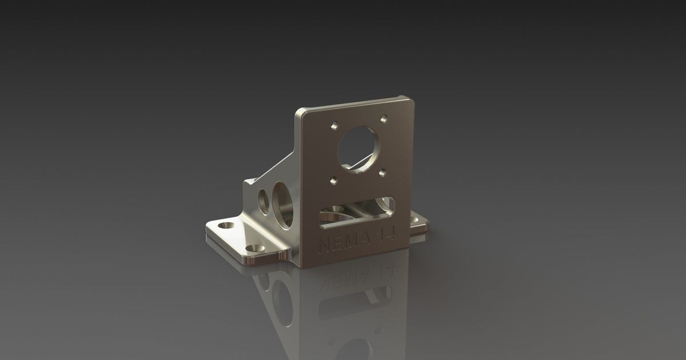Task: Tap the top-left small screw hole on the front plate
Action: tap(334, 124)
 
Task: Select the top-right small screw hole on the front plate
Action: tap(384, 119)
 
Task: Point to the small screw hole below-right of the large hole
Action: tap(384, 171)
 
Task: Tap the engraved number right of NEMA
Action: tap(390, 234)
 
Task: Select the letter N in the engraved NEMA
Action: tap(324, 246)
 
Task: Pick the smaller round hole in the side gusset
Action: tap(264, 200)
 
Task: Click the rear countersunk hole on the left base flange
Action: tap(228, 226)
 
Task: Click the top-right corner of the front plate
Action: tap(410, 98)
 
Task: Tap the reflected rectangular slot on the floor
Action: tap(355, 303)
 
